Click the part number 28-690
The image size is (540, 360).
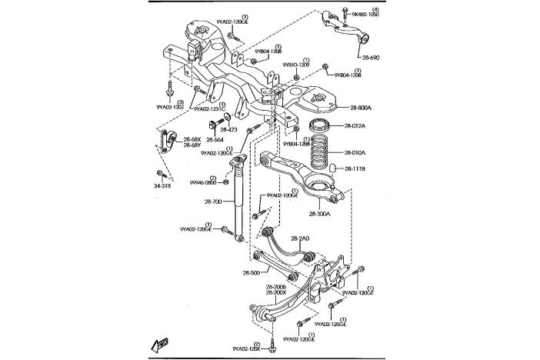coord(370,57)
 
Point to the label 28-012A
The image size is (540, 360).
coord(355,126)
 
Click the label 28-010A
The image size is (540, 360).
coord(355,153)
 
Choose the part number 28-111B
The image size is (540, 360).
coord(355,168)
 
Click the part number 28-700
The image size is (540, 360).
coord(214,202)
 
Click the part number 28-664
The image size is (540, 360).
coord(215,140)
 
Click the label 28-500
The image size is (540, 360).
coord(252,272)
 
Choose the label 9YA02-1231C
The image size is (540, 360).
coord(209,109)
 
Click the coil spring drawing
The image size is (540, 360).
coord(319,153)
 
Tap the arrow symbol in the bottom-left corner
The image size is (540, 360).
coord(159,346)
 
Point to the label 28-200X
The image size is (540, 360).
coord(275,292)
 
